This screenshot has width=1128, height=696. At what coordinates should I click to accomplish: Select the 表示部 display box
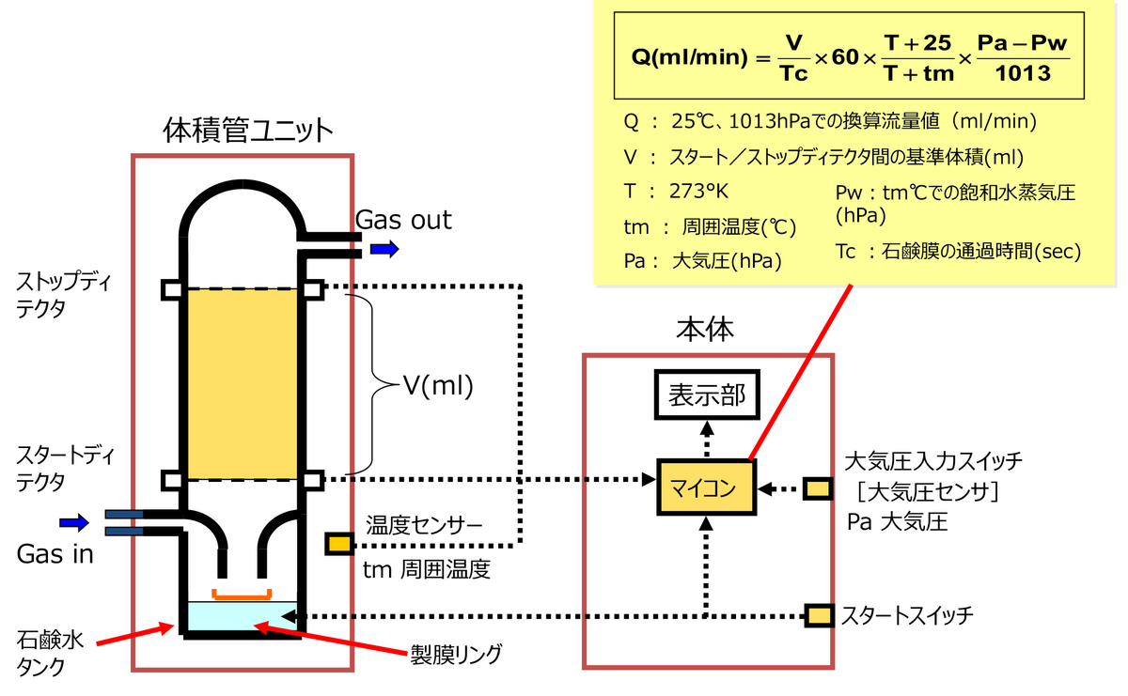(706, 395)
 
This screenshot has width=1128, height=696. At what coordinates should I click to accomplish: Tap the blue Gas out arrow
(384, 249)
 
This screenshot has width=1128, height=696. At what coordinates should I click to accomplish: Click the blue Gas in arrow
(74, 521)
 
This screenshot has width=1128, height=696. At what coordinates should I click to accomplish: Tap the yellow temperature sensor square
(339, 543)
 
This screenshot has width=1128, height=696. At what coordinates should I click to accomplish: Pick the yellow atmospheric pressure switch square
(818, 488)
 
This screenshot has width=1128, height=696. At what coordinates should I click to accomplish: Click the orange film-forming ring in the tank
(242, 594)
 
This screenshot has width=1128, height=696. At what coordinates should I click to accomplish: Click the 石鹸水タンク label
(52, 654)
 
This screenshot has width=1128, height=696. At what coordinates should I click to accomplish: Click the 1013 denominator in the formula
(1023, 74)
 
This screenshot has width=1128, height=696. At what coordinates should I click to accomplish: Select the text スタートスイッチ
(906, 616)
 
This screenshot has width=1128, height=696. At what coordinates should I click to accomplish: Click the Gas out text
(403, 220)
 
